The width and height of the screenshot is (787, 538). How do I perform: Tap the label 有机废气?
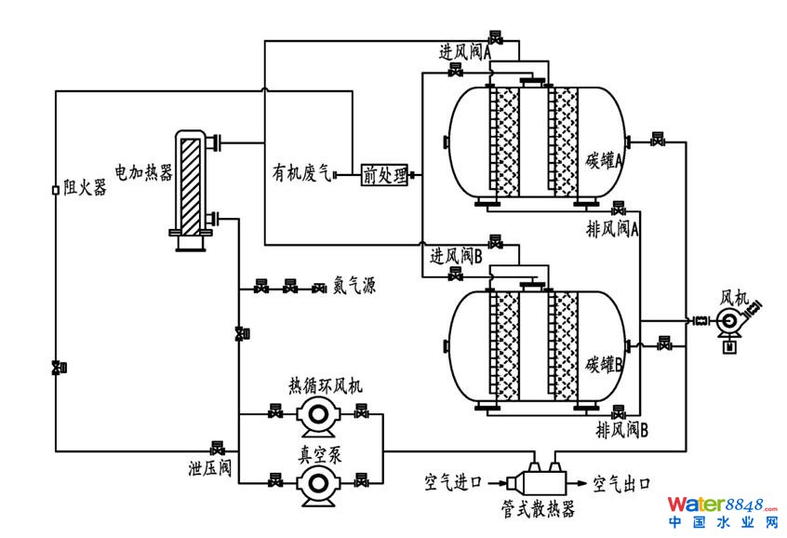[x=300, y=173]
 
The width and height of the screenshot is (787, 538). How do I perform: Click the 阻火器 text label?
[x=85, y=188]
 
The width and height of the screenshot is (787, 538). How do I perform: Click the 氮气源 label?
[x=354, y=287]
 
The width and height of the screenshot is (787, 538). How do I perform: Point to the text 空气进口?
[x=453, y=483]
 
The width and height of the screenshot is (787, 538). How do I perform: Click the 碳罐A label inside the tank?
[x=605, y=159]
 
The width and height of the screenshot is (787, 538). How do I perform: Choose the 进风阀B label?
[x=456, y=254]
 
